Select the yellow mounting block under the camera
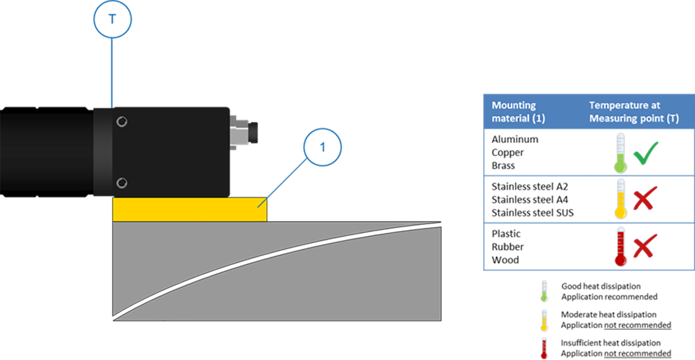tap(189, 210)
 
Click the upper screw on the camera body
tap(122, 122)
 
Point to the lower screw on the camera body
tap(122, 183)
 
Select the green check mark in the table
tap(646, 153)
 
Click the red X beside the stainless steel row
tap(645, 198)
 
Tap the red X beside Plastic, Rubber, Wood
tap(645, 245)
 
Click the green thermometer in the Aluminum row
tap(620, 153)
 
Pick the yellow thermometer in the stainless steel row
tap(620, 199)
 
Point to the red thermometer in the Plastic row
tap(620, 246)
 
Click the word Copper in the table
tap(507, 153)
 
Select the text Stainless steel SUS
tap(532, 213)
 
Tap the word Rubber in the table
tap(507, 247)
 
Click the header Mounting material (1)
tap(518, 112)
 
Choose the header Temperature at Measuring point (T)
tap(634, 112)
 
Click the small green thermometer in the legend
tap(544, 291)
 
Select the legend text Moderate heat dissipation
tap(609, 314)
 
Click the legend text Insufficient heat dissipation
tap(610, 343)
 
